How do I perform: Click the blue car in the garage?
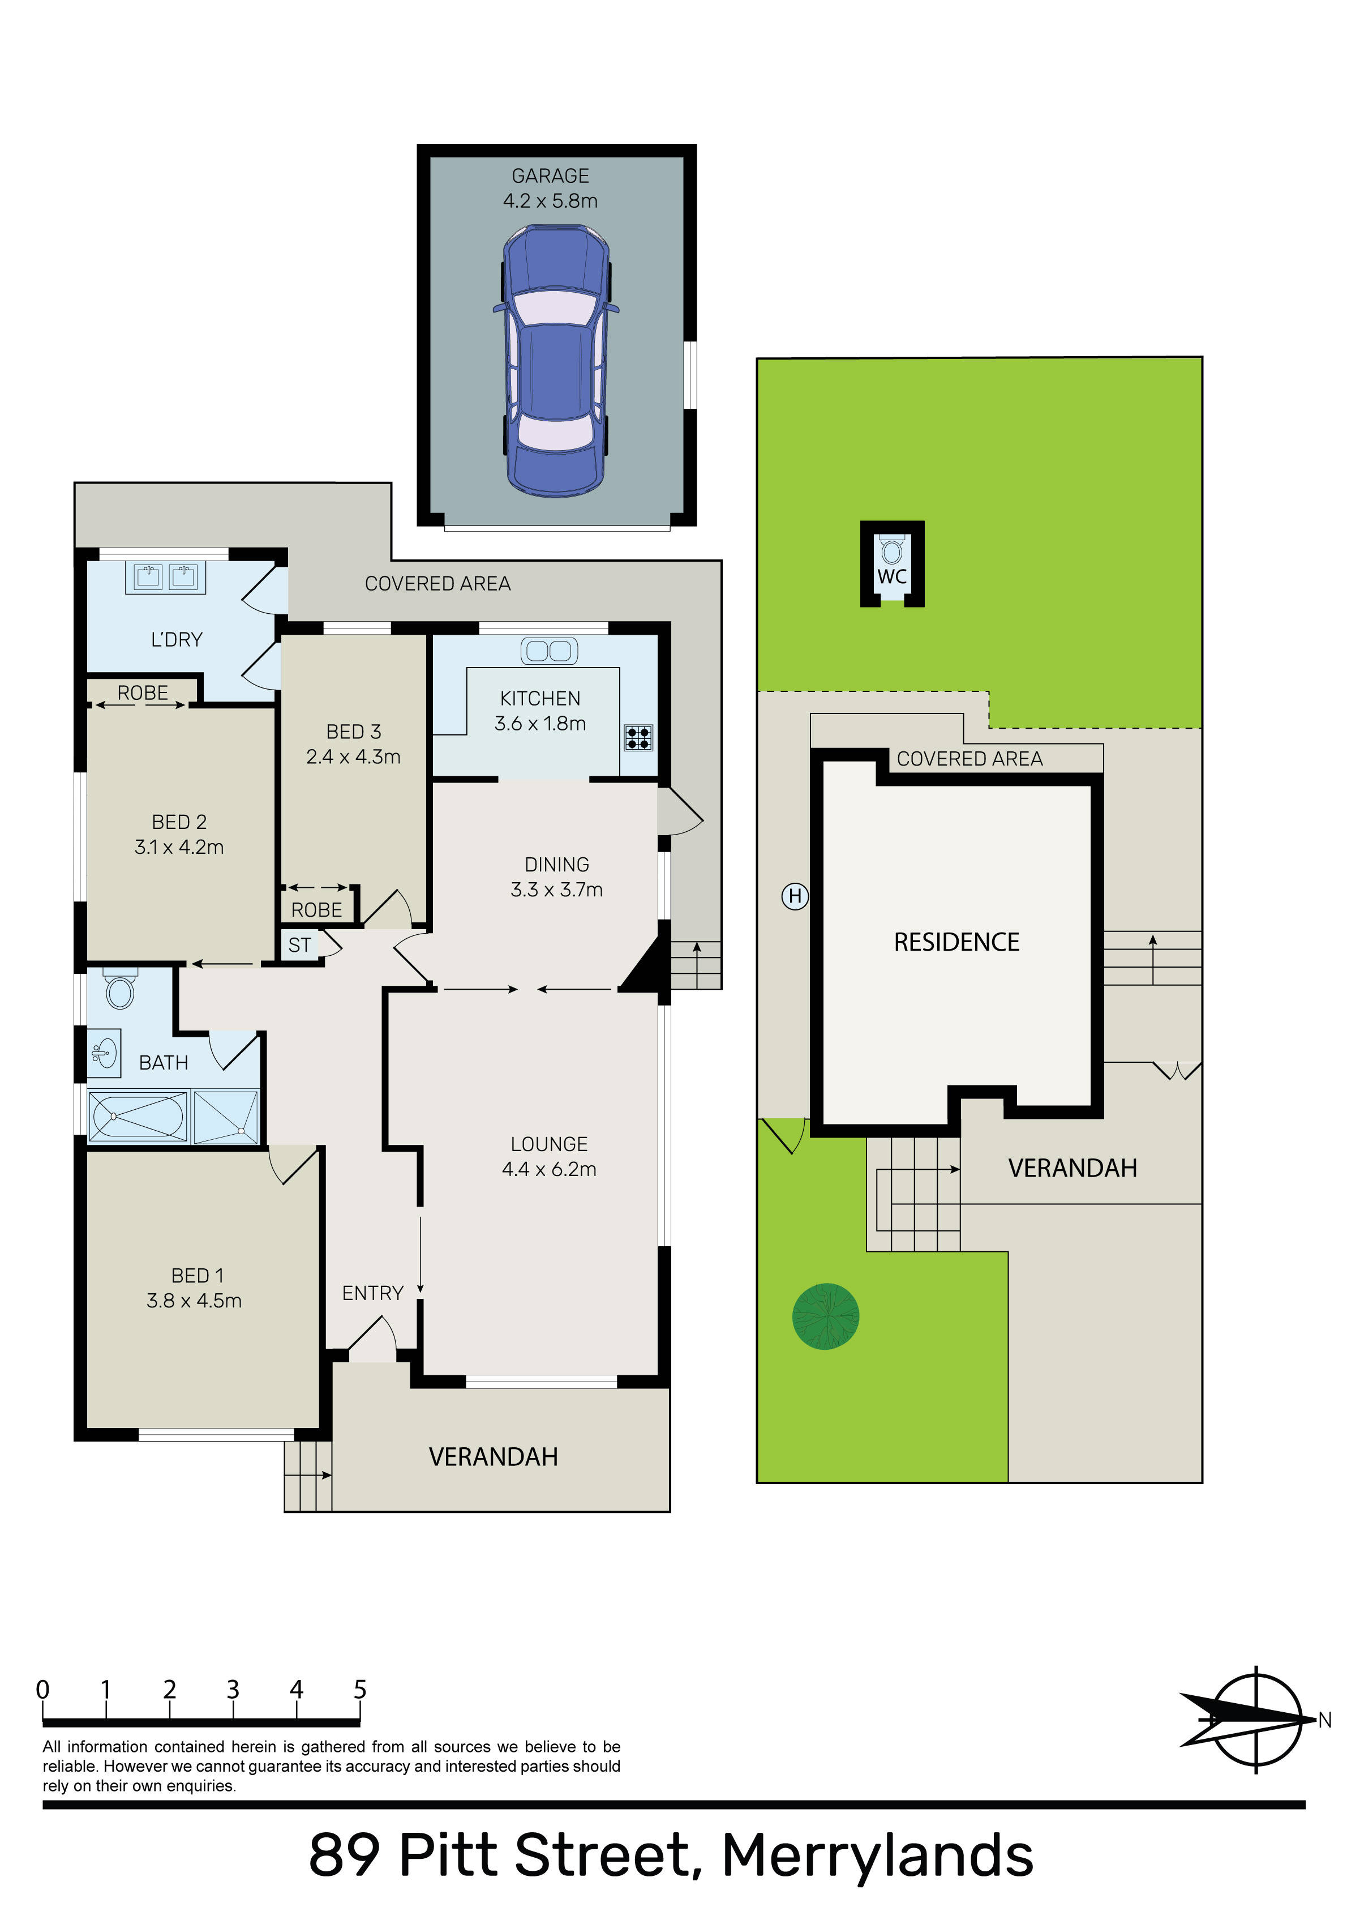pyautogui.click(x=556, y=361)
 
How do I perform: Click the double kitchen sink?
pyautogui.click(x=549, y=651)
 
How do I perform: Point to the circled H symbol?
pyautogui.click(x=795, y=896)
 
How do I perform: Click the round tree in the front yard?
pyautogui.click(x=826, y=1316)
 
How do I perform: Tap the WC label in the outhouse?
pyautogui.click(x=892, y=576)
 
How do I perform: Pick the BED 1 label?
pyautogui.click(x=197, y=1276)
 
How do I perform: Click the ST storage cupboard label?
pyautogui.click(x=300, y=945)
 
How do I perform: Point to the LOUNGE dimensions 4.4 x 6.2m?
pyautogui.click(x=549, y=1169)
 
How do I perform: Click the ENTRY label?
pyautogui.click(x=373, y=1293)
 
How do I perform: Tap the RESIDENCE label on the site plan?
pyautogui.click(x=956, y=942)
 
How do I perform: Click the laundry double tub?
pyautogui.click(x=165, y=577)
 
